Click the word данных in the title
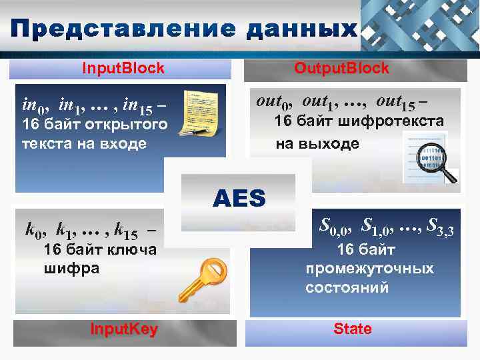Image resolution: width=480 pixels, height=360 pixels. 301,29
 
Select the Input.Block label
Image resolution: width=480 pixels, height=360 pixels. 123,68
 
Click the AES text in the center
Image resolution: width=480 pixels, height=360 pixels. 239,198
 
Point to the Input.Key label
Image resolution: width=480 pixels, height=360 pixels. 124,329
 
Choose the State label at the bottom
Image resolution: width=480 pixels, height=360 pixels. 353,329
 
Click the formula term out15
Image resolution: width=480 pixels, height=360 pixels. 397,101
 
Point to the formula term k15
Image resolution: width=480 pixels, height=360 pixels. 125,232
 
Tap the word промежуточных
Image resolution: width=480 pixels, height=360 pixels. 369,269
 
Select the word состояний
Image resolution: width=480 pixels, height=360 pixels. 347,288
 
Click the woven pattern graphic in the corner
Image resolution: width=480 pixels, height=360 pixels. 420,25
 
